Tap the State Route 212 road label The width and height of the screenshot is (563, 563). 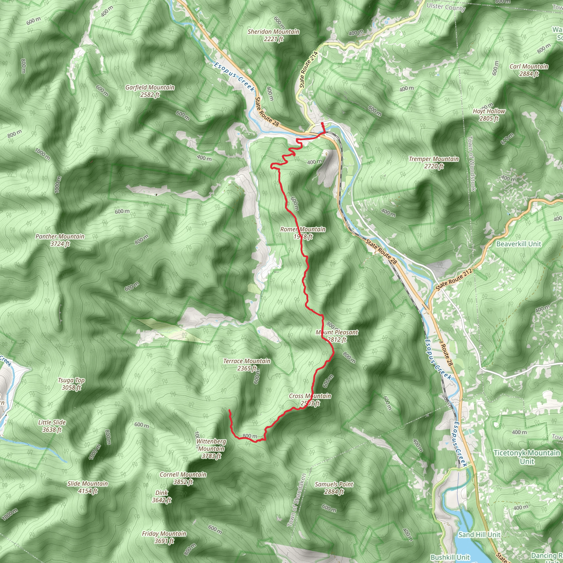coord(454,280)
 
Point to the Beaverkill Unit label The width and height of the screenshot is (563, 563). coord(519,244)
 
